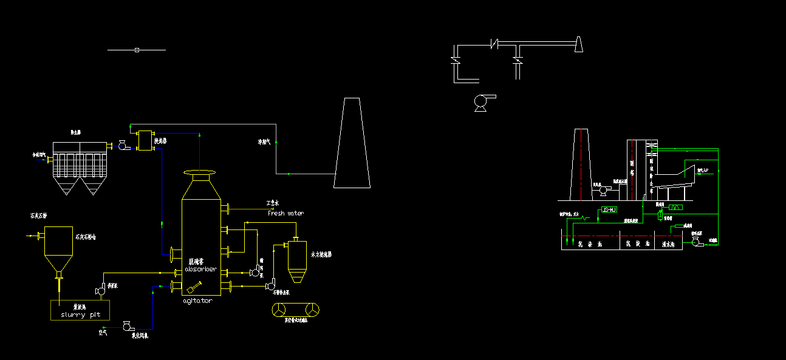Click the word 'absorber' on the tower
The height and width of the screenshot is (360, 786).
click(x=200, y=269)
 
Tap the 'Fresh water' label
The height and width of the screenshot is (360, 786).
click(x=285, y=213)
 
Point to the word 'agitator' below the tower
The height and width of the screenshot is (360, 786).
click(x=198, y=301)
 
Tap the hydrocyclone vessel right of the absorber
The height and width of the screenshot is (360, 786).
click(x=297, y=260)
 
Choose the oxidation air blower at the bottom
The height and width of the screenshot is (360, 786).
click(x=128, y=327)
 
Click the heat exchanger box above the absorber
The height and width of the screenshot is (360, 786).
click(x=145, y=140)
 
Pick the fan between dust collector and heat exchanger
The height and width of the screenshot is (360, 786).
click(x=122, y=146)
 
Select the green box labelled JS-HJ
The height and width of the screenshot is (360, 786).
click(x=608, y=210)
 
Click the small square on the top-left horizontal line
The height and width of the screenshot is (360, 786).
click(x=137, y=50)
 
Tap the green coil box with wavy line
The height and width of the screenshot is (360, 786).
click(x=675, y=208)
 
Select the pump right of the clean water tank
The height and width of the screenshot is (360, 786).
click(x=696, y=242)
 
